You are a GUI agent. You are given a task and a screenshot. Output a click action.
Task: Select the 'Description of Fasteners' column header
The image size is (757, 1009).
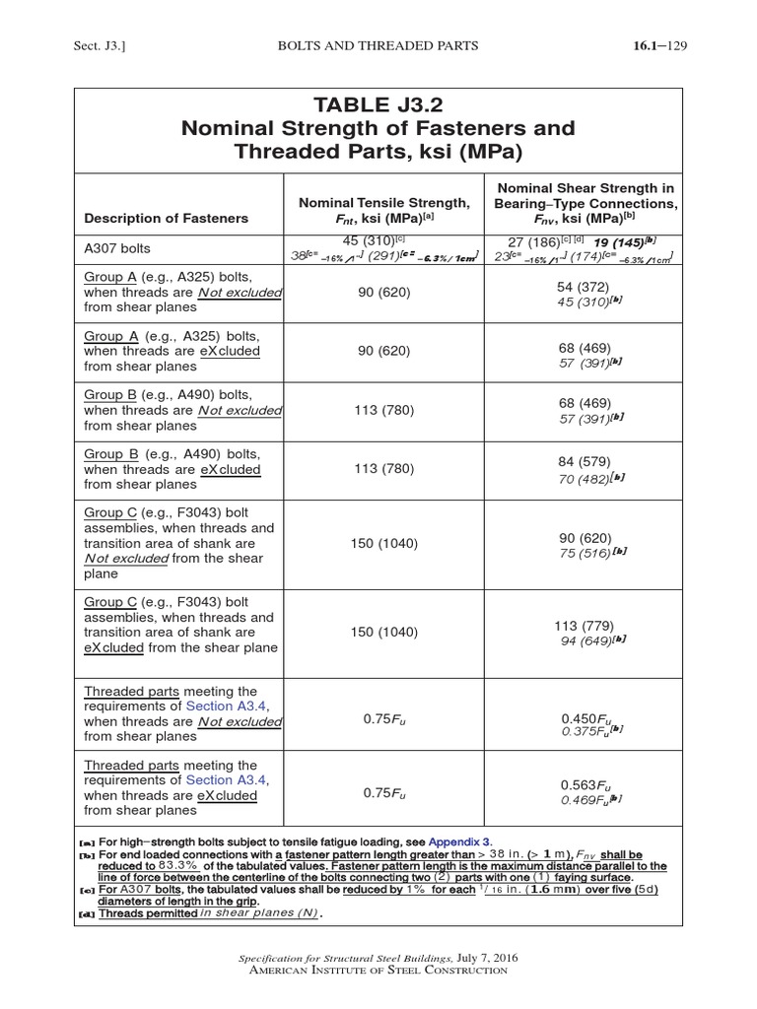(x=167, y=218)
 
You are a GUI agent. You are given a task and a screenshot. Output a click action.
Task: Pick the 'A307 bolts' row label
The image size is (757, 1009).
(x=117, y=249)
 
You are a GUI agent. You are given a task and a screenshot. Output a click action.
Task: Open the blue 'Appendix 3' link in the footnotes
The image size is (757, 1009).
(x=459, y=842)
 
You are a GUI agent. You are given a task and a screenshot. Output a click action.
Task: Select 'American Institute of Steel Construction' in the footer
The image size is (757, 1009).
(x=378, y=971)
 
